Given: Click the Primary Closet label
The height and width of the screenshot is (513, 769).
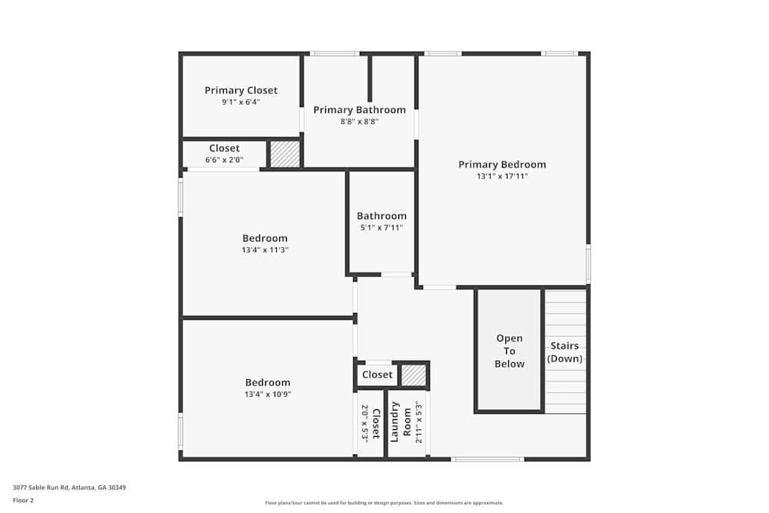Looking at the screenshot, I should pyautogui.click(x=241, y=91).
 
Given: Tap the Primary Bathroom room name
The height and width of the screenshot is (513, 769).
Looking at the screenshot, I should pyautogui.click(x=359, y=110).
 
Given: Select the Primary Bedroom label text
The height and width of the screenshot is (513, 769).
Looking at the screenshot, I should pyautogui.click(x=502, y=165).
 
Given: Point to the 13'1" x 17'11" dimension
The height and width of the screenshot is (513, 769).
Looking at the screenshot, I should pyautogui.click(x=502, y=177).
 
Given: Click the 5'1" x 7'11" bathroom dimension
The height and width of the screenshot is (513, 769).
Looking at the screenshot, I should pyautogui.click(x=381, y=228).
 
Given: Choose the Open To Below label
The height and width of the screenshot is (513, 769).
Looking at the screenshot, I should pyautogui.click(x=509, y=351).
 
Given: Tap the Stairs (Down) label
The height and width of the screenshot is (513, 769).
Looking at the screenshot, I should pyautogui.click(x=564, y=352).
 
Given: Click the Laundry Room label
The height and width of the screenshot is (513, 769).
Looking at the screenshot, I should pyautogui.click(x=401, y=421).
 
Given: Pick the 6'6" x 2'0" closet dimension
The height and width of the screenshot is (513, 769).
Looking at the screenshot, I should pyautogui.click(x=224, y=160).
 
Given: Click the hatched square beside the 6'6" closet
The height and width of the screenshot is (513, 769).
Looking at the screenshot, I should pyautogui.click(x=285, y=154).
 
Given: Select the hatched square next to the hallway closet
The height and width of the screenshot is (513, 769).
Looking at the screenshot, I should pyautogui.click(x=414, y=375).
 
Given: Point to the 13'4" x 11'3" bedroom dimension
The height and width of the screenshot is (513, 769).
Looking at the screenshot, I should pyautogui.click(x=265, y=250).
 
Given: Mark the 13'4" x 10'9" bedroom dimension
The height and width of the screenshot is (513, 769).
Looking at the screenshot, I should pyautogui.click(x=268, y=395).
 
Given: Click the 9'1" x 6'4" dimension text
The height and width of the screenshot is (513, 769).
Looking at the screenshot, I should pyautogui.click(x=241, y=102).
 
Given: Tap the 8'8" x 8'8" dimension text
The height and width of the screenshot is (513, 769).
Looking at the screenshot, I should pyautogui.click(x=359, y=122).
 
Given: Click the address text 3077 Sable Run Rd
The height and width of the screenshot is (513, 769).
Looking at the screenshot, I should pyautogui.click(x=69, y=488).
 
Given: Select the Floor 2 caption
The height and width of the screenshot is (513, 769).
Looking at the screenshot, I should pyautogui.click(x=23, y=500).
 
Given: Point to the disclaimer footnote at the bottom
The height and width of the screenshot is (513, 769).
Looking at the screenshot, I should pyautogui.click(x=384, y=503).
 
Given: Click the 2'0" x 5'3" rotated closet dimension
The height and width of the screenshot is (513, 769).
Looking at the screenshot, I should pyautogui.click(x=365, y=423).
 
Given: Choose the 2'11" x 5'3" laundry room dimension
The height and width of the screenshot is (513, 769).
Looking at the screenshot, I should pyautogui.click(x=419, y=423).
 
